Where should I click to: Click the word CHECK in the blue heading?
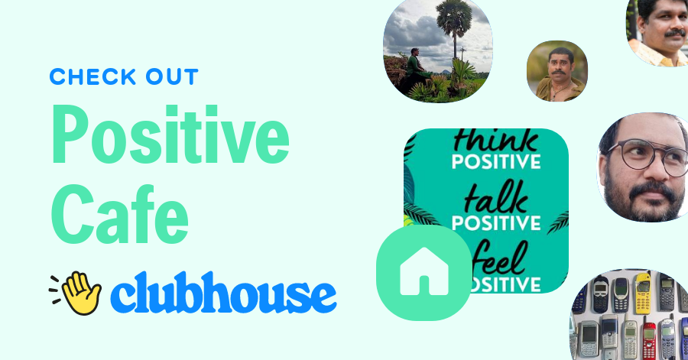86,77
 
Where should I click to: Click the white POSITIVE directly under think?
496,162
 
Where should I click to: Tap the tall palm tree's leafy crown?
453,16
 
